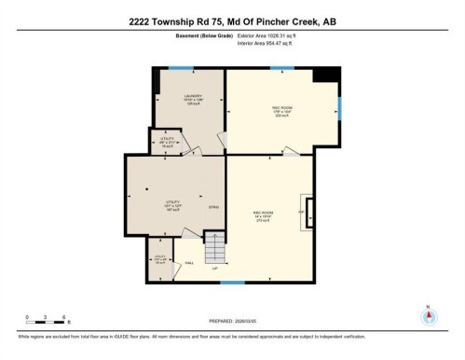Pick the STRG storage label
point(212,207)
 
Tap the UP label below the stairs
point(215,270)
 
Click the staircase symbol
point(215,249)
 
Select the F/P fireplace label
point(301,213)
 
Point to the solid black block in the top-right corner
point(325,75)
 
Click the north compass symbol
point(428,314)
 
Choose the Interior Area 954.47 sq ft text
point(277,44)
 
